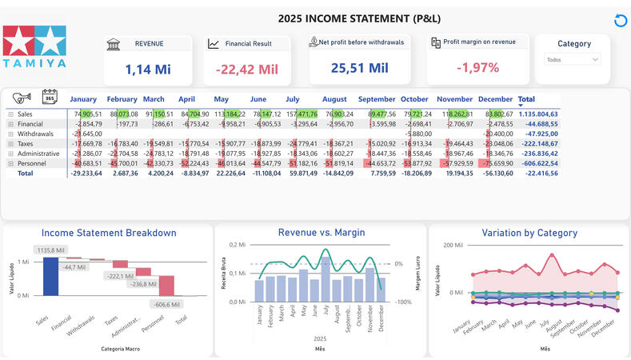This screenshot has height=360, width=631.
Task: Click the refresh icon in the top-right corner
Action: tap(619, 21)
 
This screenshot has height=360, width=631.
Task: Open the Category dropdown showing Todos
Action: tap(573, 59)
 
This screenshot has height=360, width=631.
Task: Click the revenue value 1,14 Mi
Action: tap(148, 69)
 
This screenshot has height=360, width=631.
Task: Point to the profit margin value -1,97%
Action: tap(477, 68)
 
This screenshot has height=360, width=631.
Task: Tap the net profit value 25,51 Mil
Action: tap(359, 68)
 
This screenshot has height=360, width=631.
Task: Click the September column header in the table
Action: tap(377, 99)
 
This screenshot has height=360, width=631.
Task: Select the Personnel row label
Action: tap(30, 163)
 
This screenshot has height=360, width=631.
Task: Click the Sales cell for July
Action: tap(302, 114)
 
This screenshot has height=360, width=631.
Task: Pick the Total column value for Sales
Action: tap(537, 114)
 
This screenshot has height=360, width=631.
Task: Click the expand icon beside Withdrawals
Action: tap(11, 134)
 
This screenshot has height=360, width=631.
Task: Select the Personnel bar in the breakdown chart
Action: tap(166, 286)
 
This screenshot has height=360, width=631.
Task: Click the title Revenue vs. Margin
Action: tap(320, 233)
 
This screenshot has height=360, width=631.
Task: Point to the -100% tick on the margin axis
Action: tap(404, 302)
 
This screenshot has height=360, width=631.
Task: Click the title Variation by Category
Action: tap(529, 233)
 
